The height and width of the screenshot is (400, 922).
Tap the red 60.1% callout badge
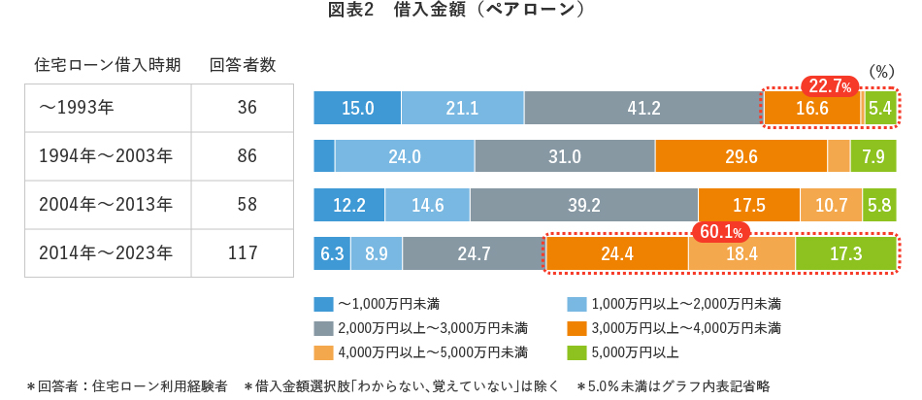coord(721,232)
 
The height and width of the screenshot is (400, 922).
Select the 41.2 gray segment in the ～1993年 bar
coord(643,108)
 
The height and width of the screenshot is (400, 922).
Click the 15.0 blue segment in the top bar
coord(357,108)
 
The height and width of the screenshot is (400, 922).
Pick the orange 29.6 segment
coord(741,156)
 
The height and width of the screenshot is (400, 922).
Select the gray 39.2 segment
coord(583,205)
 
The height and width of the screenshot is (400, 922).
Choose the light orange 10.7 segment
coord(831,205)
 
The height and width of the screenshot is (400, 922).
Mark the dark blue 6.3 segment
coord(332,254)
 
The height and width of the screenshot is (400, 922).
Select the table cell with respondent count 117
coord(243,253)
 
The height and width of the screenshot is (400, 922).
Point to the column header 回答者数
coord(243,65)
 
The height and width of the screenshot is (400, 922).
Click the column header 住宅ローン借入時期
coord(107,65)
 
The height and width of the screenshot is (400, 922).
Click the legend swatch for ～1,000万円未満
coord(323,303)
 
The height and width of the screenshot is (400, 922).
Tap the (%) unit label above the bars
coord(880,71)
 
